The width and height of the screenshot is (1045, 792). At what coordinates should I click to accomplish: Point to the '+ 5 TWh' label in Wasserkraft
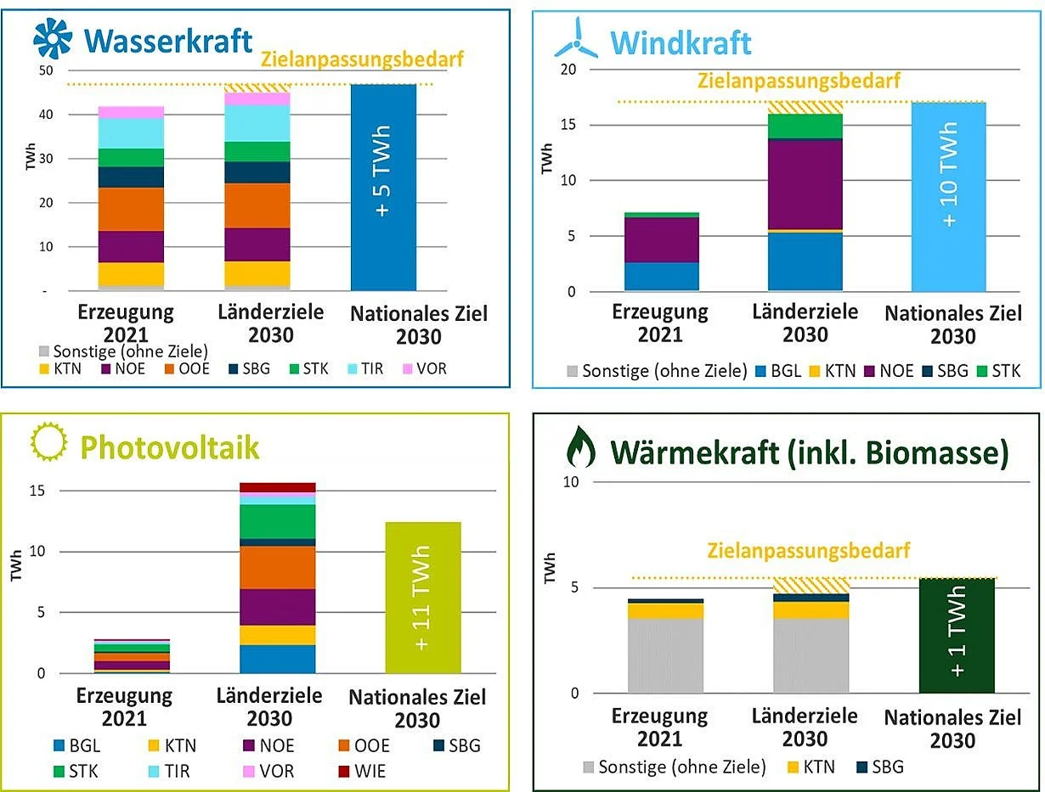[x=383, y=172]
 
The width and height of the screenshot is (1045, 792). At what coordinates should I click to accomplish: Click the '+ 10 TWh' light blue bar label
[x=949, y=174]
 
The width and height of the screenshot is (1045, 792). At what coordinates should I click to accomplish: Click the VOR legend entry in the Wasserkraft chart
[x=422, y=369]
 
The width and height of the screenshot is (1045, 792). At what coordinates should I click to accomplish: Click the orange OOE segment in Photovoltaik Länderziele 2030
[x=278, y=567]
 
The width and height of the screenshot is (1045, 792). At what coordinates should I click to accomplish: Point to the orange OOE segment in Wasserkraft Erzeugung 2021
[x=131, y=209]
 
